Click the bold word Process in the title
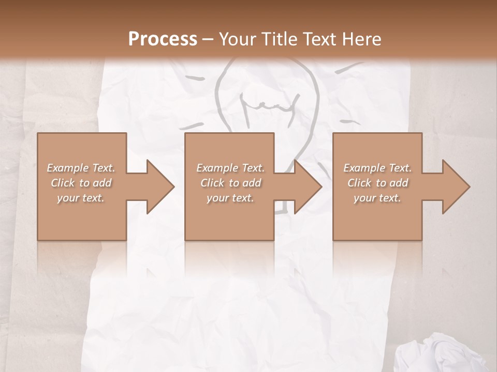point(163,39)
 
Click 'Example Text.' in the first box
point(81,168)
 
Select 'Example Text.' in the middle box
point(230,168)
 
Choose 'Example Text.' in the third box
point(377,168)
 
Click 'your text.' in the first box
point(81,198)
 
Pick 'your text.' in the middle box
point(230,198)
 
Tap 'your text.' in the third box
point(377,198)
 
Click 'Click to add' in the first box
point(81,183)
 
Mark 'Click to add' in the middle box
point(230,183)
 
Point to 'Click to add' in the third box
point(377,183)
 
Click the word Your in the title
point(236,39)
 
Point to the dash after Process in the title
point(208,39)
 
